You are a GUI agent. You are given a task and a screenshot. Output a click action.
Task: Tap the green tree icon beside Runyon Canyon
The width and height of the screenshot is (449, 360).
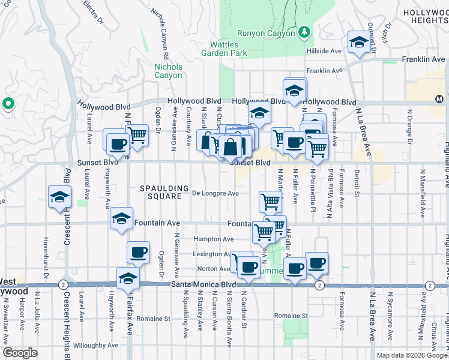(x=304, y=31)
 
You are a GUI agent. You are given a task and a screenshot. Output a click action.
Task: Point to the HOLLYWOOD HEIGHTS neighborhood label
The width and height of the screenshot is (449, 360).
(x=426, y=16)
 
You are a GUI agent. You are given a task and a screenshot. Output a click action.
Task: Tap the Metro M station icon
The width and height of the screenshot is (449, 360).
(x=439, y=98)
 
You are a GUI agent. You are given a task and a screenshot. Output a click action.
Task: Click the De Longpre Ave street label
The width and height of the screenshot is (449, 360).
(x=215, y=193)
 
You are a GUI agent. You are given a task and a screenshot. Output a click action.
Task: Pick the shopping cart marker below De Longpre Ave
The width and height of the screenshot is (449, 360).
(x=271, y=202)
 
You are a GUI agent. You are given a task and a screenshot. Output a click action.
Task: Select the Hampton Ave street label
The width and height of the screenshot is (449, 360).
(x=214, y=239)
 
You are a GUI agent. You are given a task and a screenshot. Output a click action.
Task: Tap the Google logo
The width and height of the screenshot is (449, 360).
(x=20, y=353)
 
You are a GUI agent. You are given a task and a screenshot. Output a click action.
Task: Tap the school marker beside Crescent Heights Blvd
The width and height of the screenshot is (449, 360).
(x=59, y=198)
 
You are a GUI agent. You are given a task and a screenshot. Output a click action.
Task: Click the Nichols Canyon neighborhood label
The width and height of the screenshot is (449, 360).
(x=168, y=71)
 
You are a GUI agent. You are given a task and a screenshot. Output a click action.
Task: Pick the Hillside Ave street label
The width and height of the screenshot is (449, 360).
(x=324, y=51)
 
